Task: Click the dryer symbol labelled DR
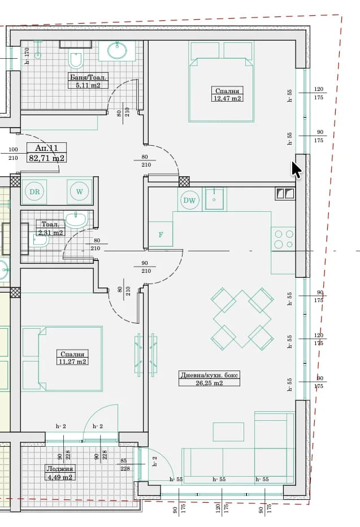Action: click(x=34, y=191)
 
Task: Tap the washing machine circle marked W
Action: click(x=79, y=191)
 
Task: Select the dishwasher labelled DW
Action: click(x=189, y=201)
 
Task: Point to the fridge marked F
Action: click(x=161, y=234)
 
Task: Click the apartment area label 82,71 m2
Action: click(x=47, y=158)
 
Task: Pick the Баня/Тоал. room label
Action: click(x=88, y=77)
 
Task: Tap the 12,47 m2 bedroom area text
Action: click(x=228, y=98)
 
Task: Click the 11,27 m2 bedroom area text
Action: click(x=72, y=362)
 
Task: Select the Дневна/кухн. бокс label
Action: click(x=210, y=375)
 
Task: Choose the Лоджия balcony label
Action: click(x=60, y=469)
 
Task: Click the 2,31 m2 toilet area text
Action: click(x=50, y=232)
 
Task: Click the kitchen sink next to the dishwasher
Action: click(x=214, y=199)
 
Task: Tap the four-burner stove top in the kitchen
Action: click(x=283, y=238)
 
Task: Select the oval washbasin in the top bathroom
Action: click(x=118, y=51)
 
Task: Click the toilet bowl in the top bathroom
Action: click(x=76, y=60)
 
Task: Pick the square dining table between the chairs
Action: click(x=242, y=319)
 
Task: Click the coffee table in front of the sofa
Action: click(x=228, y=432)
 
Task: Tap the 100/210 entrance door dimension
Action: click(x=13, y=154)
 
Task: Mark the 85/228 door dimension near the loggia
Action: click(x=124, y=464)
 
